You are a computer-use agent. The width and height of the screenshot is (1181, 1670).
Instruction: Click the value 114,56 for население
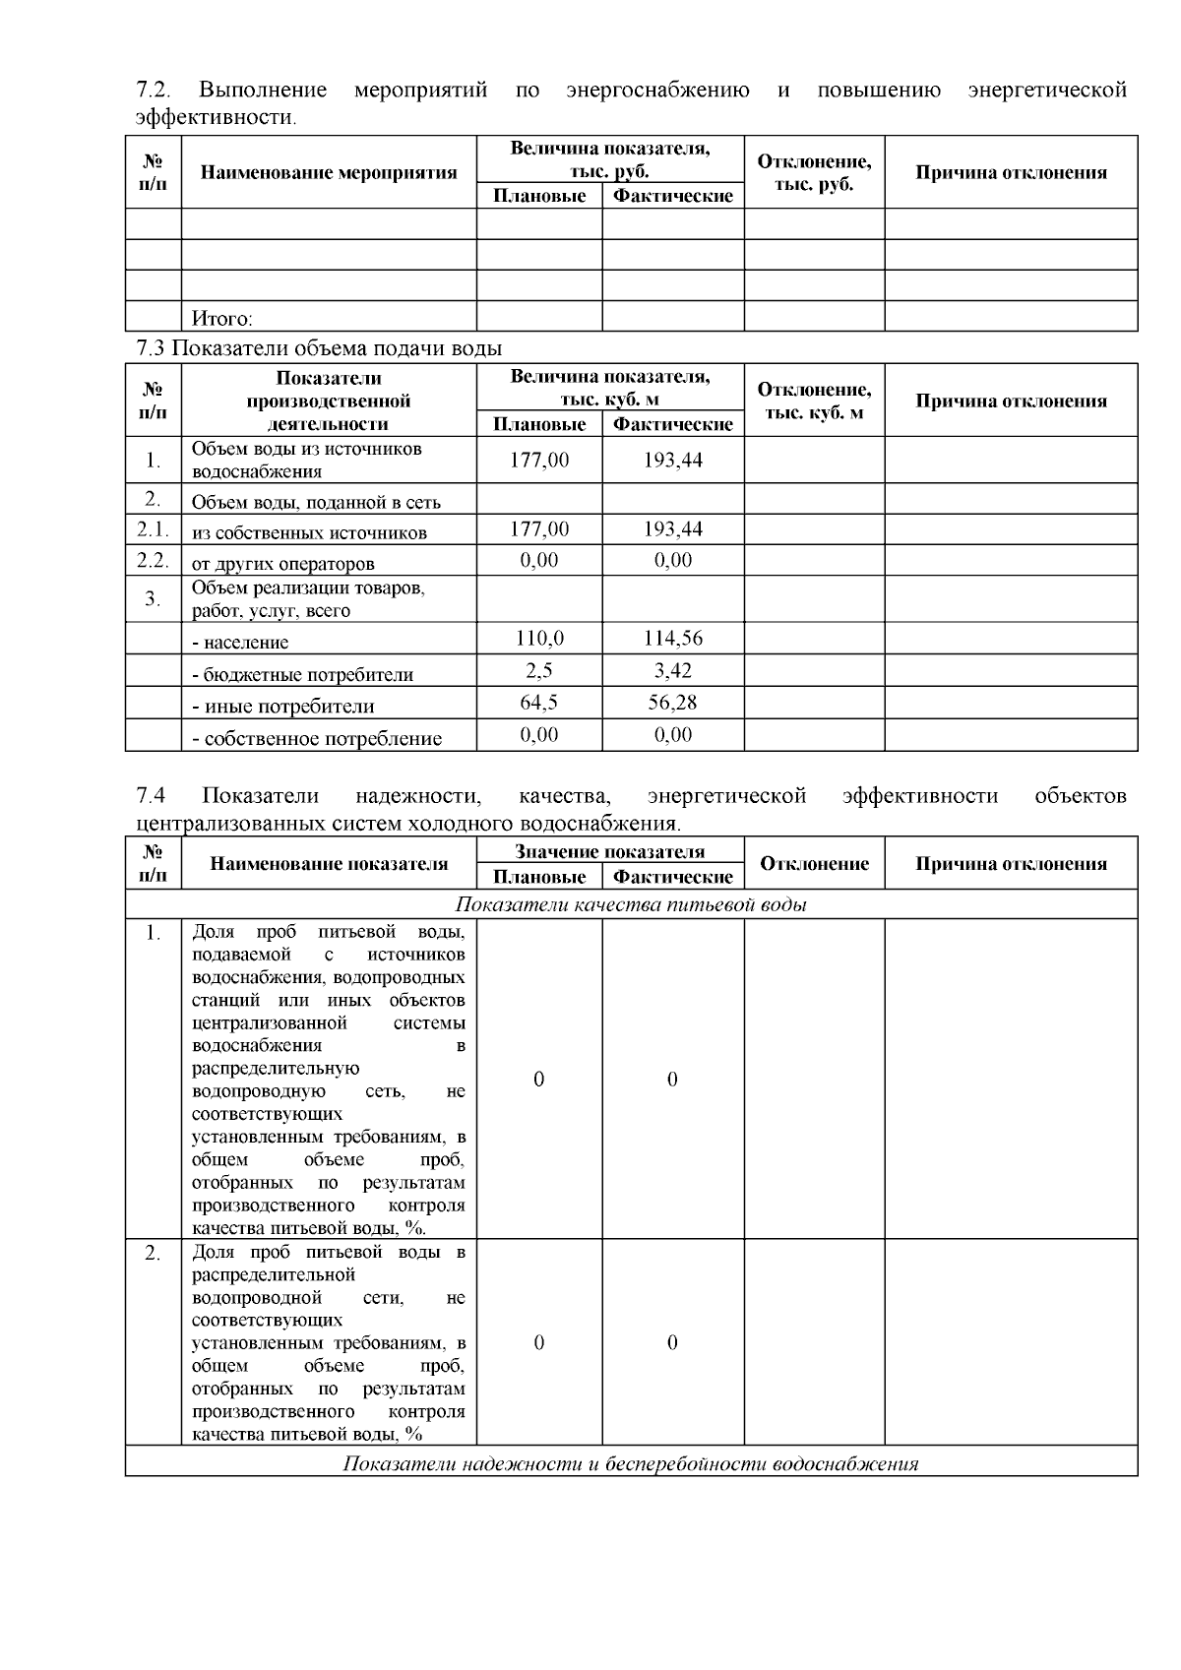(673, 639)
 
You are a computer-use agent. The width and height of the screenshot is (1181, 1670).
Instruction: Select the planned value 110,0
(539, 639)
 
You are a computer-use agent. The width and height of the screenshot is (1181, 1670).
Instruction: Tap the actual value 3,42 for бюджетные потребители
(673, 671)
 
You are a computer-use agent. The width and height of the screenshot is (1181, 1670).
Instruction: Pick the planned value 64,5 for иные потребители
(539, 703)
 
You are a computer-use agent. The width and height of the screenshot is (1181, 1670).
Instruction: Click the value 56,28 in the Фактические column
(673, 703)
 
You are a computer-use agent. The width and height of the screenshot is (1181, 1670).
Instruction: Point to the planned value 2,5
(539, 671)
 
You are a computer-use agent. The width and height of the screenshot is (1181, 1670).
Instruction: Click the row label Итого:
(222, 319)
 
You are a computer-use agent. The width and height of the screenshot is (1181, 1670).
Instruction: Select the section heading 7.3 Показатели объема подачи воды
(319, 348)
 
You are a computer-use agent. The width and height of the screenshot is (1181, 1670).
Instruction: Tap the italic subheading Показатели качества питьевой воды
(631, 904)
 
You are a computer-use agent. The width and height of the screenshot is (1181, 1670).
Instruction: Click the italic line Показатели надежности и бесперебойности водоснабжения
(631, 1463)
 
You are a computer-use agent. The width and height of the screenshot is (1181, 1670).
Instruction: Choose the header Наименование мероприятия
(329, 173)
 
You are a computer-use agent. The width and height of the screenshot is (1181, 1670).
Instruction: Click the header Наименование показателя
(329, 864)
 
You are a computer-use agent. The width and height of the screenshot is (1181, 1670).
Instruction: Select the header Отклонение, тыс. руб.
(814, 173)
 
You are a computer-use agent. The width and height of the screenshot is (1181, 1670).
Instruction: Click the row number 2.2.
(153, 561)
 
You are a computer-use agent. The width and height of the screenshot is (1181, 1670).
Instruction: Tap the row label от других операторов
(283, 564)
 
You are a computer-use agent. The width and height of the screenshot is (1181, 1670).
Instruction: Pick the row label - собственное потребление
(317, 738)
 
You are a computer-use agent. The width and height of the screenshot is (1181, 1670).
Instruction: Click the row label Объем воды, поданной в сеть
(316, 502)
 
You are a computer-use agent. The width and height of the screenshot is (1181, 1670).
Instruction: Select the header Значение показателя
(609, 852)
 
